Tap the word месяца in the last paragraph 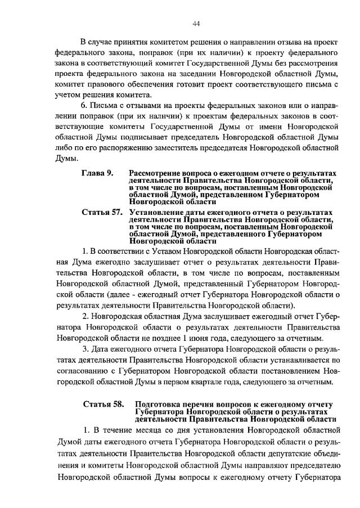click(133, 430)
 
